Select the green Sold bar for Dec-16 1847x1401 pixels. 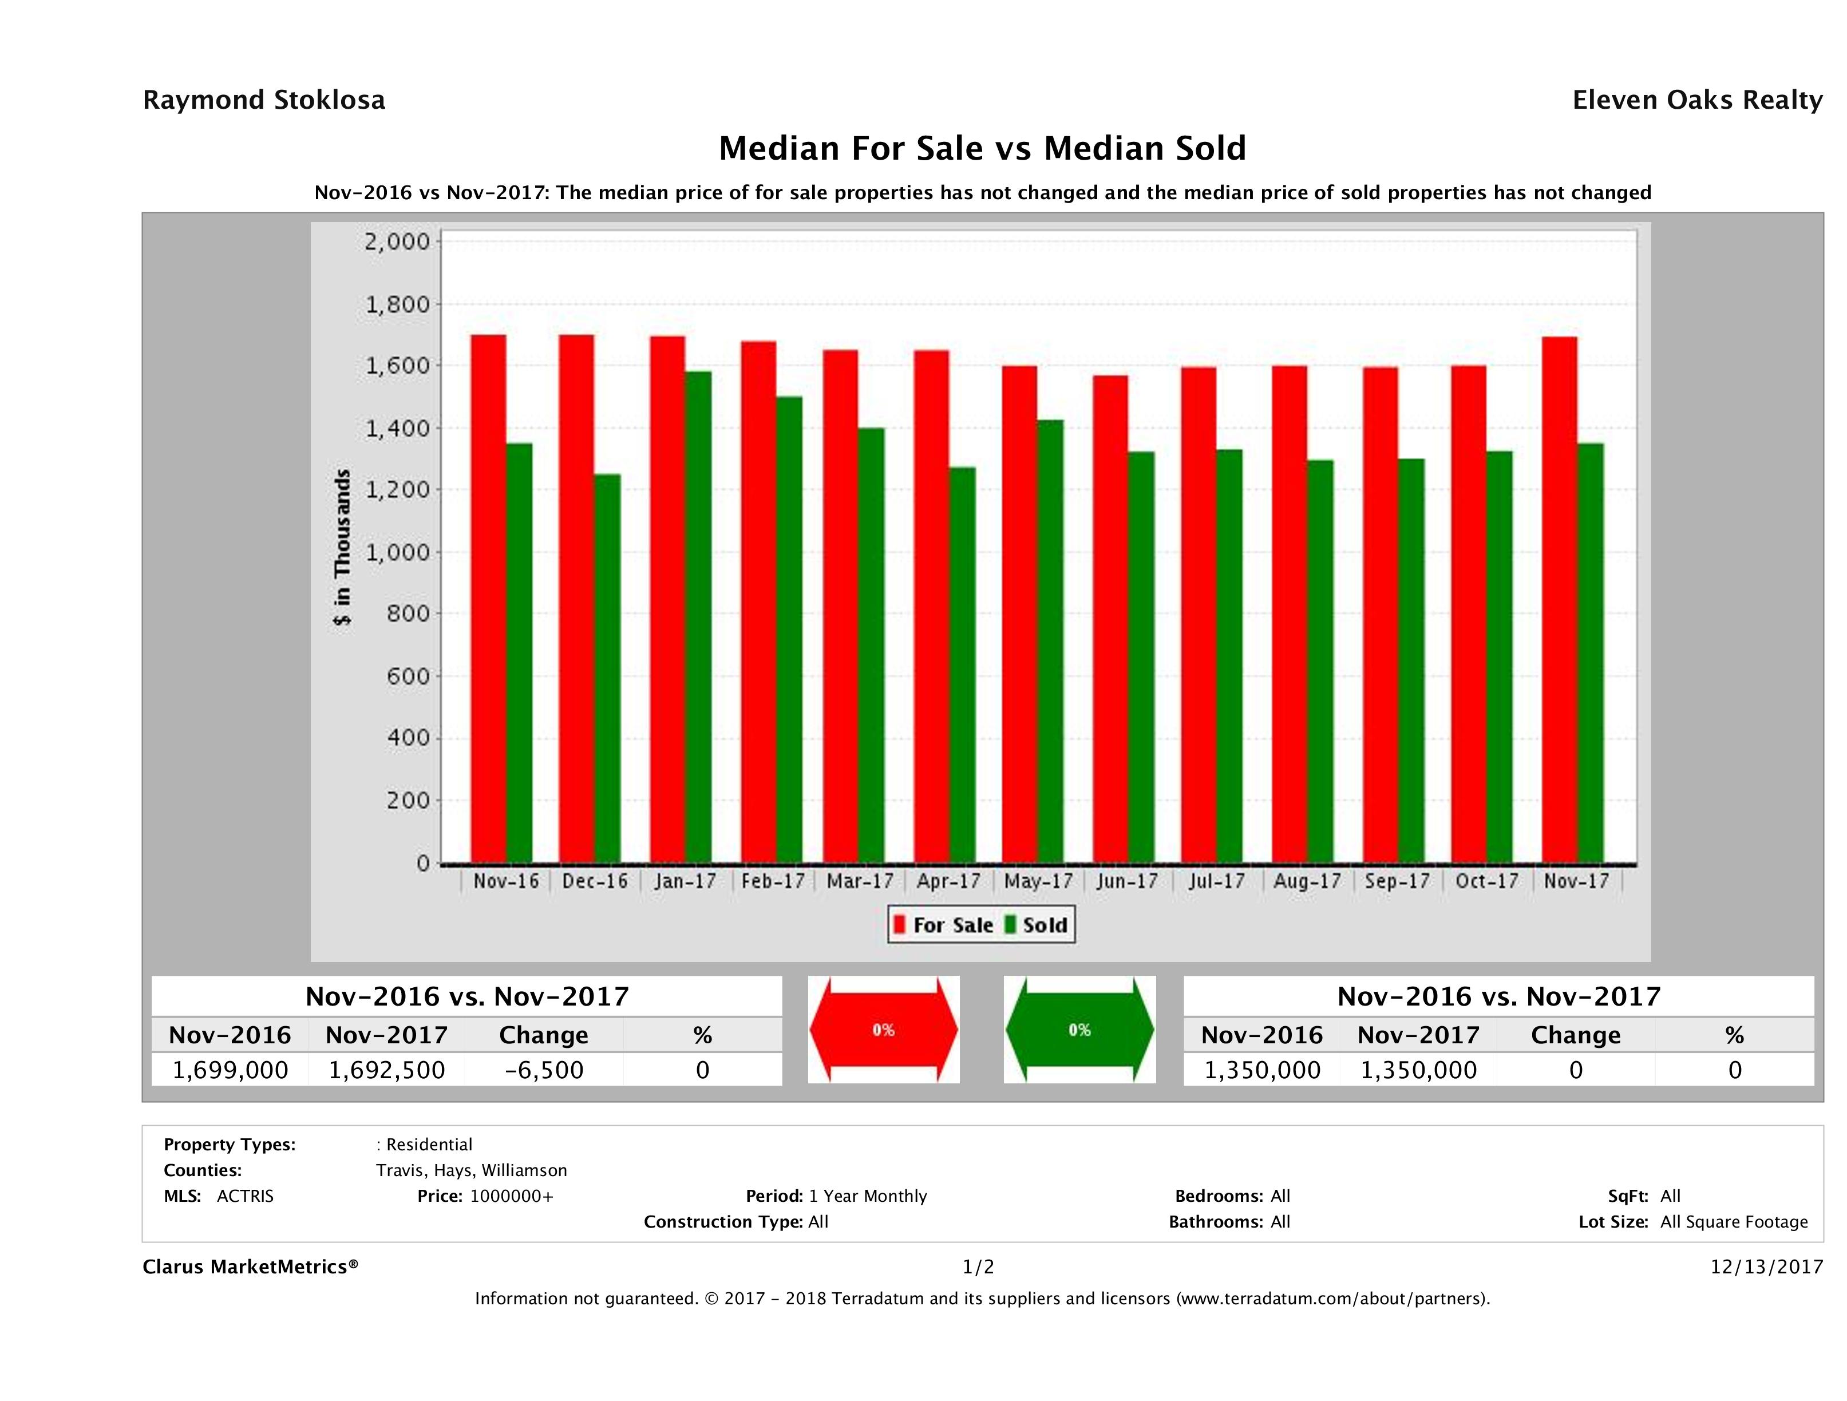607,668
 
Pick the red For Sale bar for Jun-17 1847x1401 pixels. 1110,619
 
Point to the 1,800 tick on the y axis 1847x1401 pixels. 397,304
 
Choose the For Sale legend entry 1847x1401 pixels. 943,925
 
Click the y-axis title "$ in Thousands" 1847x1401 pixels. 342,547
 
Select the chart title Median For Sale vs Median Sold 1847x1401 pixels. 982,149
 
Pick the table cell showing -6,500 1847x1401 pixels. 544,1070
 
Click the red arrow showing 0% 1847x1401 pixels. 883,1030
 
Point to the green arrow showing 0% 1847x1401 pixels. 1079,1030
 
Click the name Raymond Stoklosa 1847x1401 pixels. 264,100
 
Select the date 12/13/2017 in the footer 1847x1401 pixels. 1766,1267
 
